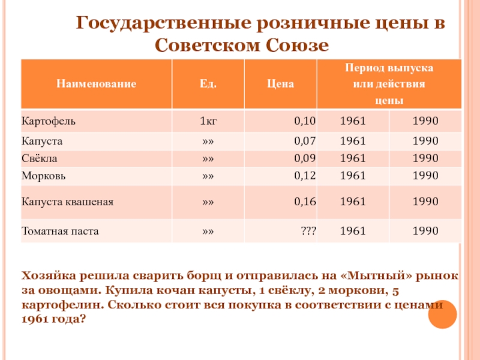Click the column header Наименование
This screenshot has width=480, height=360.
click(x=96, y=85)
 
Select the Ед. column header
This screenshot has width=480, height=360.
click(x=208, y=85)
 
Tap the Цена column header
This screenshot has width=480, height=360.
click(x=280, y=85)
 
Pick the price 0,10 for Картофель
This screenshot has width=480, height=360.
click(x=305, y=121)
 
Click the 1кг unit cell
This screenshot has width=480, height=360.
click(x=208, y=121)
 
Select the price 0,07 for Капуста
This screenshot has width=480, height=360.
click(x=305, y=142)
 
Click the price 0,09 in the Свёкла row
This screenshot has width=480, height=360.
click(x=305, y=159)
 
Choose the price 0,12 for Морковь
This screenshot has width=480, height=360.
click(x=305, y=176)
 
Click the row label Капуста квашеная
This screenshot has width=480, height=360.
click(x=67, y=202)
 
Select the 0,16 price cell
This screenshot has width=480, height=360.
click(x=305, y=202)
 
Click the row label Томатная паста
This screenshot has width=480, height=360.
click(x=60, y=230)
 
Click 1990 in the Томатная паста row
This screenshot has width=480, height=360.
click(x=425, y=230)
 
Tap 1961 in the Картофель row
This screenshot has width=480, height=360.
click(x=353, y=121)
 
